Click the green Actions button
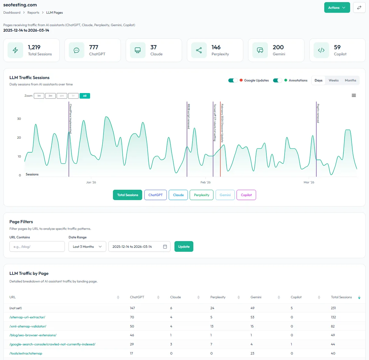[337, 8]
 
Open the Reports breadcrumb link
[33, 12]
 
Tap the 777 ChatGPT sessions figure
[94, 47]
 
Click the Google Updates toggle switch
[233, 80]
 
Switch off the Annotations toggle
[277, 80]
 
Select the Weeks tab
[333, 80]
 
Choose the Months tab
[350, 80]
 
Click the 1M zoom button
[39, 96]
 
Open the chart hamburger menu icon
[354, 95]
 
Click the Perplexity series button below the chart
[202, 195]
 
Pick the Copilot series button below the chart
[246, 195]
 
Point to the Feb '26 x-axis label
[206, 182]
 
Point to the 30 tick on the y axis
[19, 119]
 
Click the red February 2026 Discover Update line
[220, 152]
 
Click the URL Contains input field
[37, 247]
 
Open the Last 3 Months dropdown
[87, 247]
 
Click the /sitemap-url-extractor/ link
[27, 317]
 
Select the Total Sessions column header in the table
[341, 297]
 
